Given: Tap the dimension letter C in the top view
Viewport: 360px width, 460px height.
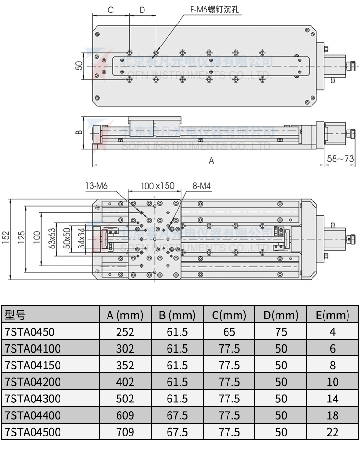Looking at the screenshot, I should pyautogui.click(x=110, y=10).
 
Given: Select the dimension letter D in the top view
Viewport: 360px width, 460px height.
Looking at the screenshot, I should pyautogui.click(x=142, y=10).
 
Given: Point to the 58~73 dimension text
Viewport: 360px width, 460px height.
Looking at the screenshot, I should pyautogui.click(x=340, y=158).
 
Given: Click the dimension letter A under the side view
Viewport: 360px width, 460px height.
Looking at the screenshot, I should pyautogui.click(x=211, y=161).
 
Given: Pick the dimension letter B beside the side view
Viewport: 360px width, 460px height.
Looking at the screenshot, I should pyautogui.click(x=80, y=131).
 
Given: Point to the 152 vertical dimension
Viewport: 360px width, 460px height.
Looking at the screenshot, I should pyautogui.click(x=5, y=238).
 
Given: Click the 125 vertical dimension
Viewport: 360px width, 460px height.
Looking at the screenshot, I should pyautogui.click(x=21, y=238).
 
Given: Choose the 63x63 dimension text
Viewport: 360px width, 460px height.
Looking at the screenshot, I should pyautogui.click(x=52, y=238).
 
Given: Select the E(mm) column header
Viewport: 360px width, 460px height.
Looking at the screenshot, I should pyautogui.click(x=332, y=315).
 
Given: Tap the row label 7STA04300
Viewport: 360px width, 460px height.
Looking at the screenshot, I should pyautogui.click(x=32, y=399).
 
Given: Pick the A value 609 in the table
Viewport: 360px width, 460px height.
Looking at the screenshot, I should pyautogui.click(x=125, y=415).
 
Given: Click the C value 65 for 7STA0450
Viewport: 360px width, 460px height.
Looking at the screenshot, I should pyautogui.click(x=229, y=332).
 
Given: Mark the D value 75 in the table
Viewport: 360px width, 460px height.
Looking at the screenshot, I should pyautogui.click(x=281, y=332).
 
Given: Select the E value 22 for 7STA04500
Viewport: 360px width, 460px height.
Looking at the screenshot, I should pyautogui.click(x=332, y=432).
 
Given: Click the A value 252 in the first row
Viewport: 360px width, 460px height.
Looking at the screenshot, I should pyautogui.click(x=125, y=332).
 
